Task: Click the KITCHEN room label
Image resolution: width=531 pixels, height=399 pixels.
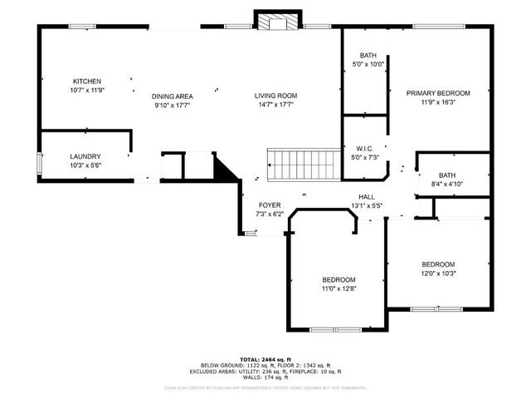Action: [86, 81]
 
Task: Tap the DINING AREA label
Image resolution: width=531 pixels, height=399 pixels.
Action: [173, 96]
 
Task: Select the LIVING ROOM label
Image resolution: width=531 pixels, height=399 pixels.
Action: [275, 96]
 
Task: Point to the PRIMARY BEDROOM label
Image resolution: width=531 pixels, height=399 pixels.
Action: [438, 93]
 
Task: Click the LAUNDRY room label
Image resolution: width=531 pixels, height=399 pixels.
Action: [85, 156]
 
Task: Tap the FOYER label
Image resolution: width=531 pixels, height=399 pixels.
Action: [270, 205]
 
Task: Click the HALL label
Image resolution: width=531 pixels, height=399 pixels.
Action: [365, 196]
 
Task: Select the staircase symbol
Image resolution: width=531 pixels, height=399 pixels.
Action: [304, 165]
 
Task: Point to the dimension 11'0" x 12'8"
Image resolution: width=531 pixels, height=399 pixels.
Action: [339, 288]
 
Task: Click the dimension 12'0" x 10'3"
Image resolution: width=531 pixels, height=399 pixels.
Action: [438, 273]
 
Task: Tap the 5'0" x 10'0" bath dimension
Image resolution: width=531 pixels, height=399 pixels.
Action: [368, 64]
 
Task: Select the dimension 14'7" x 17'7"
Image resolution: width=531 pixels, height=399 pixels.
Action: [275, 106]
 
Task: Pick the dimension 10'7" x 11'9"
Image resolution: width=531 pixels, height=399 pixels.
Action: [86, 91]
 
